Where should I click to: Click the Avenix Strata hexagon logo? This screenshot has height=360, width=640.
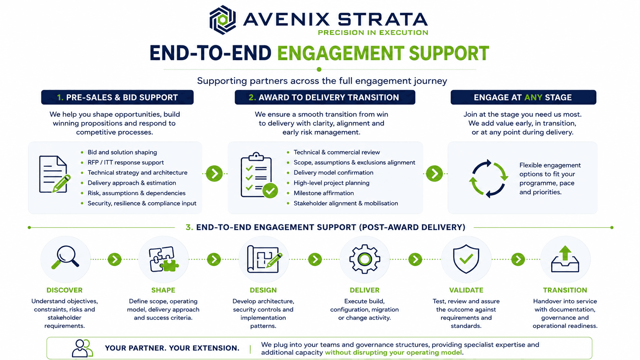222,20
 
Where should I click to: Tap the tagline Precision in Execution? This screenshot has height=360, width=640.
373,33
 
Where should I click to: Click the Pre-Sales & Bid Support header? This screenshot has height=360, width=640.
118,97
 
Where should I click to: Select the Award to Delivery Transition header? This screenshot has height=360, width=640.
325,97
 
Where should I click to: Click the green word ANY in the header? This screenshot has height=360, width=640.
533,98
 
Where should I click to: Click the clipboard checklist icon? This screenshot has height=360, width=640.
259,175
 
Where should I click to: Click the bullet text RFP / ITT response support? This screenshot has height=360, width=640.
126,163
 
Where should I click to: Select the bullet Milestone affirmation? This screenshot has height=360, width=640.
324,193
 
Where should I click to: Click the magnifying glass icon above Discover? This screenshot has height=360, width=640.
65,257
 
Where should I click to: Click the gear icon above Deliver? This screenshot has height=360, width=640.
364,259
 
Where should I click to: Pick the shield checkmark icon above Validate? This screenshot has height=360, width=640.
466,259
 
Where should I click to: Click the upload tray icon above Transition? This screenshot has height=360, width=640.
565,259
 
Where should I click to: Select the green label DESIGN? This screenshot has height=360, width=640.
263,290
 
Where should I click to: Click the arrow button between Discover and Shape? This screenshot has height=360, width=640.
114,259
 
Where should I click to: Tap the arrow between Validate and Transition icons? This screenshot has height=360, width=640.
518,259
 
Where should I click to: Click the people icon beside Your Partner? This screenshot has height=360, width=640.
82,348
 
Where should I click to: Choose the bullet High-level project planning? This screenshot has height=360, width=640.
331,183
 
